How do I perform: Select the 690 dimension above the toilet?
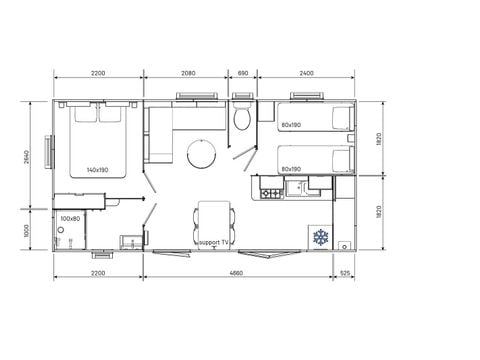coord(242,74)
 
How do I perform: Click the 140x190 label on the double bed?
coord(98,170)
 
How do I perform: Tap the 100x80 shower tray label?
coord(69,218)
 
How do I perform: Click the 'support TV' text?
coord(214,242)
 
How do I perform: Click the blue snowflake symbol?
coord(321,236)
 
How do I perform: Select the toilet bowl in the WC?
coord(241,120)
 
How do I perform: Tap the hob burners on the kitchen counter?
coord(269,187)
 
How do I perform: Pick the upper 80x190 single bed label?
coord(291,125)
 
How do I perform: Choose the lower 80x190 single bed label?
coord(291,169)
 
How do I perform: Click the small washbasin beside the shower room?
coord(129,238)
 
